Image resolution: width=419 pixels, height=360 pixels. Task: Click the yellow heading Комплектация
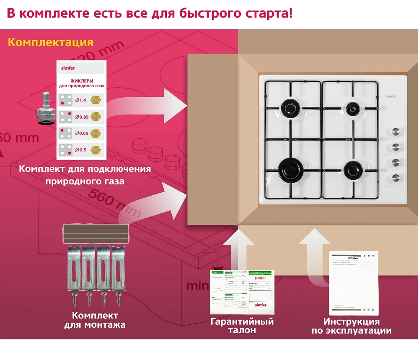click(50, 43)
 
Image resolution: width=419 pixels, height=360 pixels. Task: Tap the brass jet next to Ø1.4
click(98, 100)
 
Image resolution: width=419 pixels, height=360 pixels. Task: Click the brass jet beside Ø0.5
click(98, 149)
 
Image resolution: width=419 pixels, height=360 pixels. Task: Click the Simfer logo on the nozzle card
click(67, 67)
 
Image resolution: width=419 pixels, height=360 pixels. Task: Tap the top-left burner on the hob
click(289, 108)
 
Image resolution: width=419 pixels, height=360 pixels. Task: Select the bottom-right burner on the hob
click(351, 168)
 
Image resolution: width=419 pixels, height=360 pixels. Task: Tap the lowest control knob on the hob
click(396, 177)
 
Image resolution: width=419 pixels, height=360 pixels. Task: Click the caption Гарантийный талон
click(242, 326)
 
